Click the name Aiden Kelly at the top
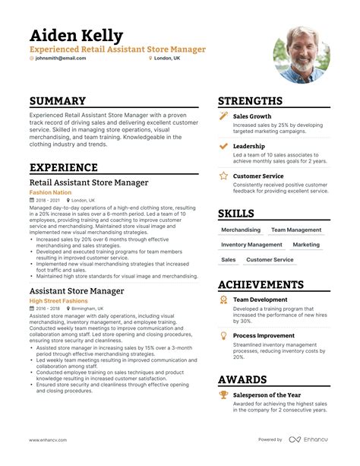(x=76, y=36)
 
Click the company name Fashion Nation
(x=51, y=193)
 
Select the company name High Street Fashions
(x=58, y=301)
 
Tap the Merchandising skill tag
(x=240, y=230)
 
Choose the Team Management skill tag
(x=296, y=230)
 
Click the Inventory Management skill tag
(x=252, y=245)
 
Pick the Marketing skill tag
(x=306, y=245)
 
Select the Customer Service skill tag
(x=270, y=260)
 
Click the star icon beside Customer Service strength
(x=223, y=176)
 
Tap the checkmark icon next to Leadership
(x=223, y=145)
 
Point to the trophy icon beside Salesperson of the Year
(x=223, y=395)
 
